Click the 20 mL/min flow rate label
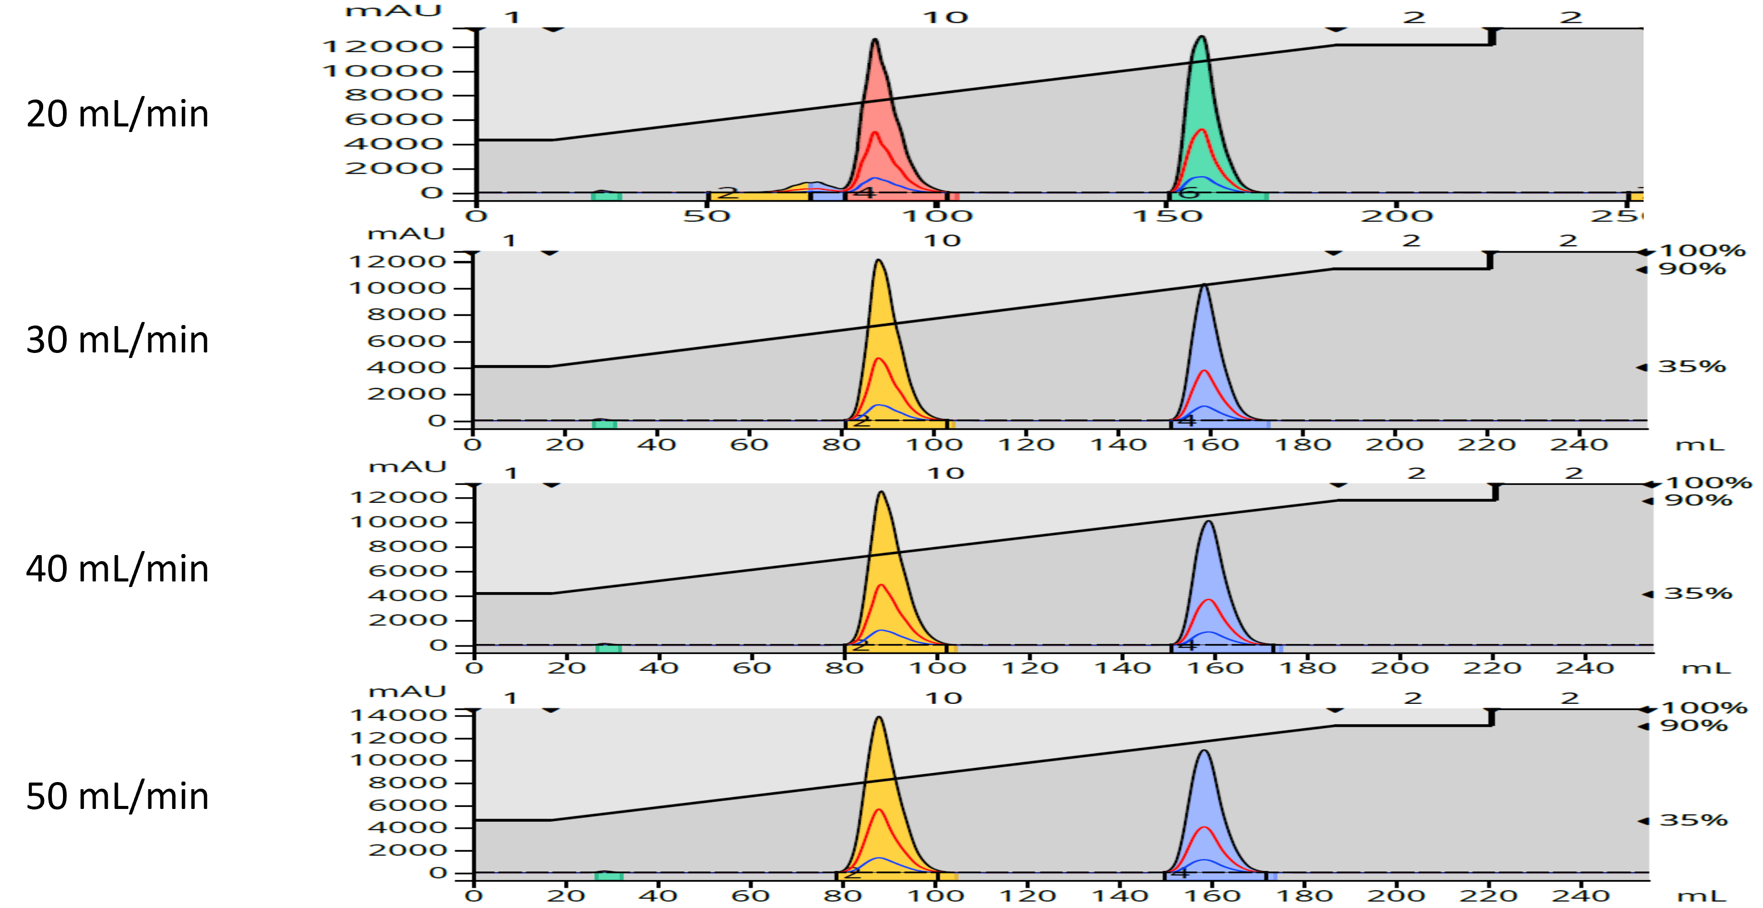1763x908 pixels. [x=117, y=114]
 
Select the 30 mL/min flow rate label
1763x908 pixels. [x=117, y=340]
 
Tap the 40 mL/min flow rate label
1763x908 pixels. [x=117, y=569]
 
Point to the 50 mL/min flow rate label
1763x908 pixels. [x=117, y=796]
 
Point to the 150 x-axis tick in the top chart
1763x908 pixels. [x=1168, y=216]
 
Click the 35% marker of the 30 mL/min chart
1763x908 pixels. [x=1690, y=367]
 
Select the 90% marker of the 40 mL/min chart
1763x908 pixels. [x=1697, y=500]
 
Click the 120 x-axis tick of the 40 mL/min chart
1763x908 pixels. [x=1029, y=667]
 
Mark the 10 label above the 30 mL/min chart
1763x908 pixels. [x=942, y=241]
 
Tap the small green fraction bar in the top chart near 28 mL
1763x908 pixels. [x=606, y=197]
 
